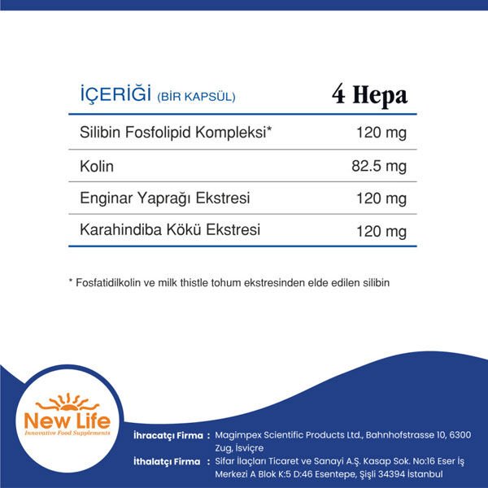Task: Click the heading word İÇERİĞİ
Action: point(111,95)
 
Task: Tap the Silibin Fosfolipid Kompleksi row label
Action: point(176,133)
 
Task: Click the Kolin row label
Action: point(97,166)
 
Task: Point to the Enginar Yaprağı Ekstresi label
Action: point(165,198)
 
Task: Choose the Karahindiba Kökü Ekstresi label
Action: point(170,230)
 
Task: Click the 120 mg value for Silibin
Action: point(381,133)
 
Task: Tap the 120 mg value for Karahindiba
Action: point(381,232)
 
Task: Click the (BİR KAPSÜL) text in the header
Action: point(197,97)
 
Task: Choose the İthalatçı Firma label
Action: point(166,462)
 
